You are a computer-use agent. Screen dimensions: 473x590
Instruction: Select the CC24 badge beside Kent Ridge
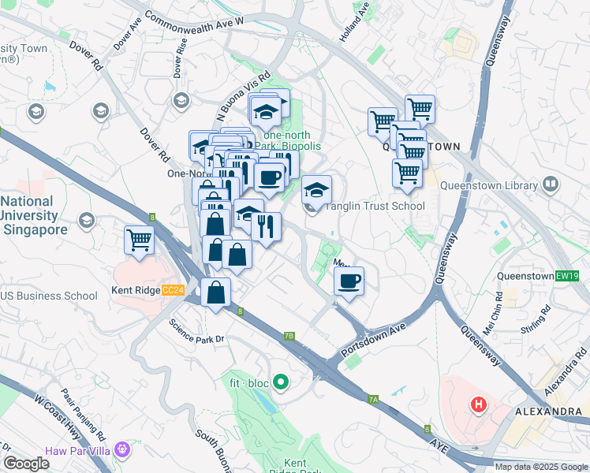(x=172, y=291)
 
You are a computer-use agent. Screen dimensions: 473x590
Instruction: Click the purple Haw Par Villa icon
(x=121, y=449)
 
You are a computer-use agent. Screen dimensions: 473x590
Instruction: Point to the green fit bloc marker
(x=280, y=384)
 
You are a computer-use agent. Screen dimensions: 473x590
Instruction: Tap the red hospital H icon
(x=478, y=406)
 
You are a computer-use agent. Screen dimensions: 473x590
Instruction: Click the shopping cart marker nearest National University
(x=139, y=240)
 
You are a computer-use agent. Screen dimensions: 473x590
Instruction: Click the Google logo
(x=26, y=464)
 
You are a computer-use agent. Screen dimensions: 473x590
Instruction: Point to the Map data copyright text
(x=541, y=467)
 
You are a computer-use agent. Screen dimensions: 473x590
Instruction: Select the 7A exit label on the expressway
(x=373, y=400)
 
